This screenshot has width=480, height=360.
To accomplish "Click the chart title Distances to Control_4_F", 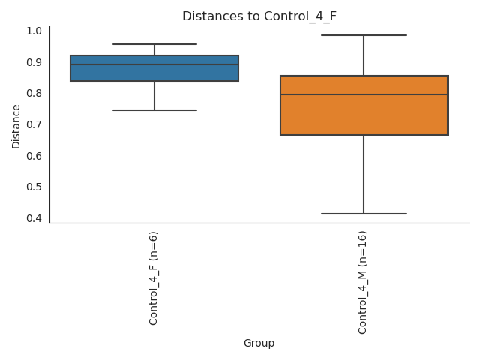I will (x=259, y=16).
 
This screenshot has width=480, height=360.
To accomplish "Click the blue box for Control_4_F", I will (x=154, y=73).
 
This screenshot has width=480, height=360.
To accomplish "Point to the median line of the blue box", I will (x=154, y=64).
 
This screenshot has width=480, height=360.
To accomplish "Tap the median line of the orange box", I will (x=364, y=94).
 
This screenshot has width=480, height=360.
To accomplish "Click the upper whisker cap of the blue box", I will (x=154, y=44).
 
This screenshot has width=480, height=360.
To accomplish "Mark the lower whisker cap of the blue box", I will (x=154, y=110).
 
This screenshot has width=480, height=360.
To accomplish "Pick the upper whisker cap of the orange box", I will (x=364, y=35).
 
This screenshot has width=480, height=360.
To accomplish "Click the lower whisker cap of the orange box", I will (x=364, y=214).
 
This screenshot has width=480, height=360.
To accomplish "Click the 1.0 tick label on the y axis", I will (x=34, y=31).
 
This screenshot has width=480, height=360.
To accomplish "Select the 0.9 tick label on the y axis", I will (x=34, y=62).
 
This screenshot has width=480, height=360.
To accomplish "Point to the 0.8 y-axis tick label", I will (x=34, y=94).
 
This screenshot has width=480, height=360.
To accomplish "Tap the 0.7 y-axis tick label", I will (x=34, y=124).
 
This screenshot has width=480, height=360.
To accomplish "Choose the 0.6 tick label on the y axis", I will (x=34, y=156).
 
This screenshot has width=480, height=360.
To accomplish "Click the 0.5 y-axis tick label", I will (x=34, y=187).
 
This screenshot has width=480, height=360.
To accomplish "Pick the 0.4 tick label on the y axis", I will (x=34, y=218).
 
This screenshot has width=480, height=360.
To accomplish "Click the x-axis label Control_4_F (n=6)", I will (x=154, y=277).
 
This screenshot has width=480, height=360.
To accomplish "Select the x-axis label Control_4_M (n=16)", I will (x=363, y=282).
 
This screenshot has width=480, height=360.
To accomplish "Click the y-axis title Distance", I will (x=16, y=125).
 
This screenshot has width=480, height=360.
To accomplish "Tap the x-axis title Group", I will (x=259, y=343).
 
